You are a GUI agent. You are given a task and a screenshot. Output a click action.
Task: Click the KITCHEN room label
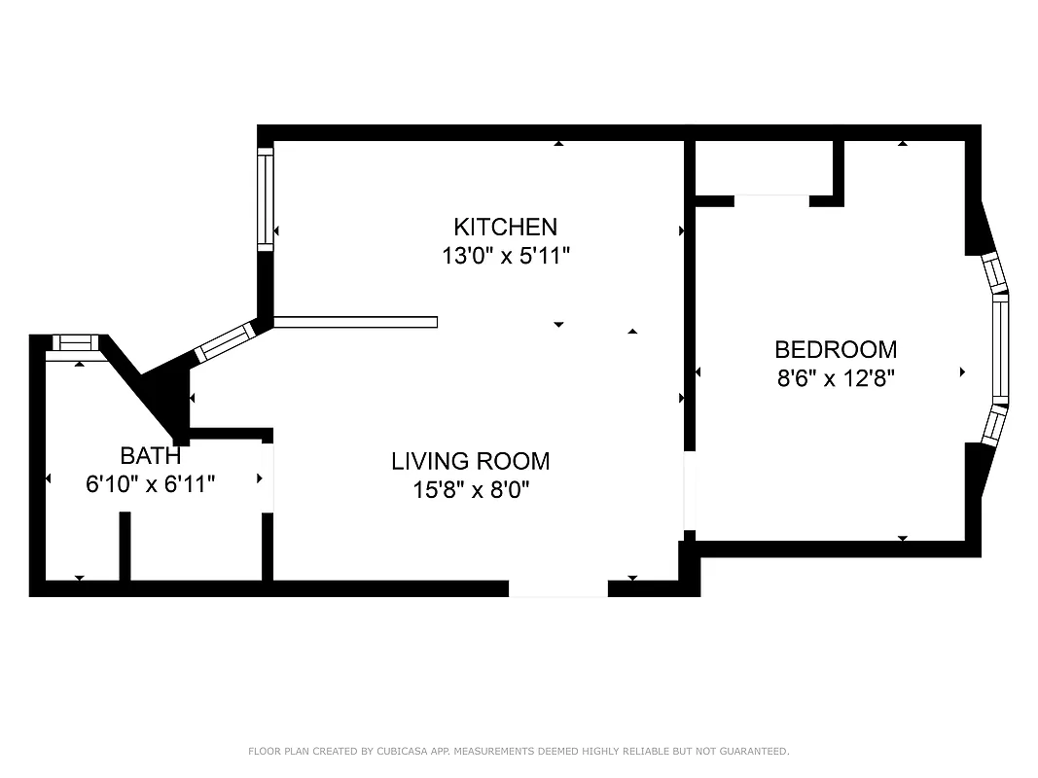tap(505, 228)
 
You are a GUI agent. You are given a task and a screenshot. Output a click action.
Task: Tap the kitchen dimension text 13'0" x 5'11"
tap(505, 256)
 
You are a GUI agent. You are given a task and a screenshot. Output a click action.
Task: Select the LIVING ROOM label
tap(470, 461)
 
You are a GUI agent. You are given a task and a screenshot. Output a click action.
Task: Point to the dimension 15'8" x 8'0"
tap(470, 489)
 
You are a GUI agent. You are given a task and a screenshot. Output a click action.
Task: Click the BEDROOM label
tap(835, 349)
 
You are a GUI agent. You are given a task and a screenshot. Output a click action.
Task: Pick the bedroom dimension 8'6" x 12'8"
tap(835, 377)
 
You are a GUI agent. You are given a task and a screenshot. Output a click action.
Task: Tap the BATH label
tap(150, 455)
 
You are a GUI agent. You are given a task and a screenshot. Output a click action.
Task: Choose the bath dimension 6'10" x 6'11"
tap(150, 483)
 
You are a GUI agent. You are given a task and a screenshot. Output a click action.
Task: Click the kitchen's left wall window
tap(266, 198)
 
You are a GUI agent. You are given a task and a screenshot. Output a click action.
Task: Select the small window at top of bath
tap(75, 342)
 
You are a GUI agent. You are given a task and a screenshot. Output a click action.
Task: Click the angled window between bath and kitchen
tap(223, 342)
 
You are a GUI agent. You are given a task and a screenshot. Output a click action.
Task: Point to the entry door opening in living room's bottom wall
tap(558, 588)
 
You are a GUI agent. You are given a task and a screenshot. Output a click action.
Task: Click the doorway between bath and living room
tap(268, 477)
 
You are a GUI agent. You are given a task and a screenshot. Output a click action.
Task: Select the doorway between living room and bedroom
tap(689, 491)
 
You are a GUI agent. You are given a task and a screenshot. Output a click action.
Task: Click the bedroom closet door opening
tap(771, 200)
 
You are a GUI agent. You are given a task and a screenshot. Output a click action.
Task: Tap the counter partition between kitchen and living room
tap(356, 322)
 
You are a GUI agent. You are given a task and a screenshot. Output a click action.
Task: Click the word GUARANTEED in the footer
tap(753, 751)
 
